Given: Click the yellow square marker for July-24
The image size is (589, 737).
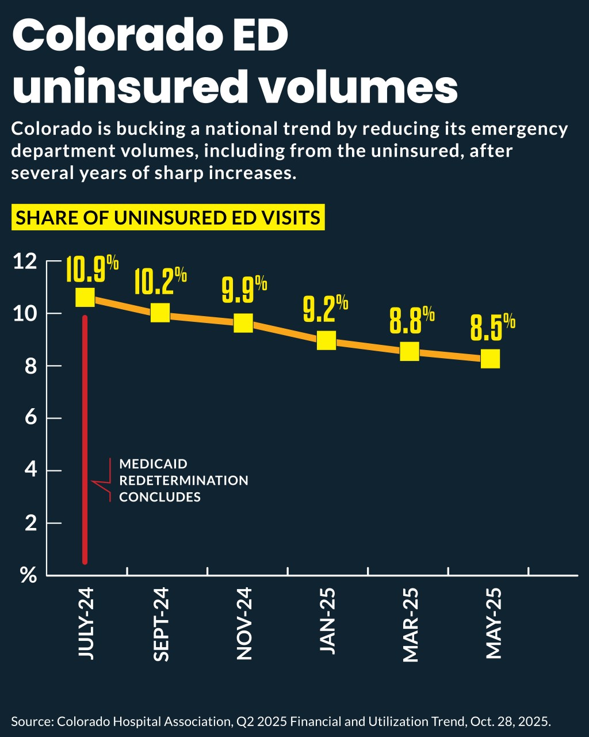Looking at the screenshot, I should coord(85,298).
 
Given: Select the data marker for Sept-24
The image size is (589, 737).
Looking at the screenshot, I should coord(160,313).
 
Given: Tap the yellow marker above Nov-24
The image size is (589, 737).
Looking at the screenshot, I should coord(243,323).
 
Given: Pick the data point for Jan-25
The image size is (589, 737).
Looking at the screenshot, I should coord(326,340).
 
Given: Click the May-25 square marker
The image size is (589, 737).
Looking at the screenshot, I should coord(490,359).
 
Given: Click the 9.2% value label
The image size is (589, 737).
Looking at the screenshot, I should coord(325,309).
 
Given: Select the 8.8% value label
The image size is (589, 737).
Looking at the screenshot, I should coord(411,321).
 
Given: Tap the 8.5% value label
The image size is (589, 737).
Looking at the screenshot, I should coord(492,329).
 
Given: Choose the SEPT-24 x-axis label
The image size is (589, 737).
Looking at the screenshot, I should coord(161,625).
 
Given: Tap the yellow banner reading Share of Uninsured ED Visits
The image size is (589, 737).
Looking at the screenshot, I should coord(167,218).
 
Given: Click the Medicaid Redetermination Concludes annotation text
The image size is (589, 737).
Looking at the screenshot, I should coord(183,480).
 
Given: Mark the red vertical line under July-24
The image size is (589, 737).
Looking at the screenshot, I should coord(85,438).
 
